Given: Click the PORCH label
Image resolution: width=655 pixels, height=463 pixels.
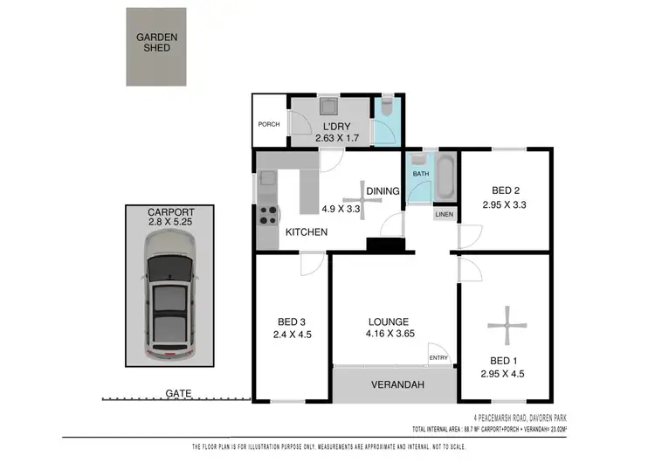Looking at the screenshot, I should (269, 124).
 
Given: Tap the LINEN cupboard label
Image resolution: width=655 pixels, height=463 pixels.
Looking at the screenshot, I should (445, 215).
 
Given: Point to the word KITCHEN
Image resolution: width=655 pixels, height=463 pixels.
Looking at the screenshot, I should (307, 232).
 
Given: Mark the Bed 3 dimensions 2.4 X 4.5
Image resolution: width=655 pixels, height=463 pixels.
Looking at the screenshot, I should (293, 333).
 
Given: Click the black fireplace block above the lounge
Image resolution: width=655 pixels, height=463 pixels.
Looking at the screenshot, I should (381, 246).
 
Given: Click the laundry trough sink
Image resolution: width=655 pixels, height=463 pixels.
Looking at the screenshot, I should (329, 107).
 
